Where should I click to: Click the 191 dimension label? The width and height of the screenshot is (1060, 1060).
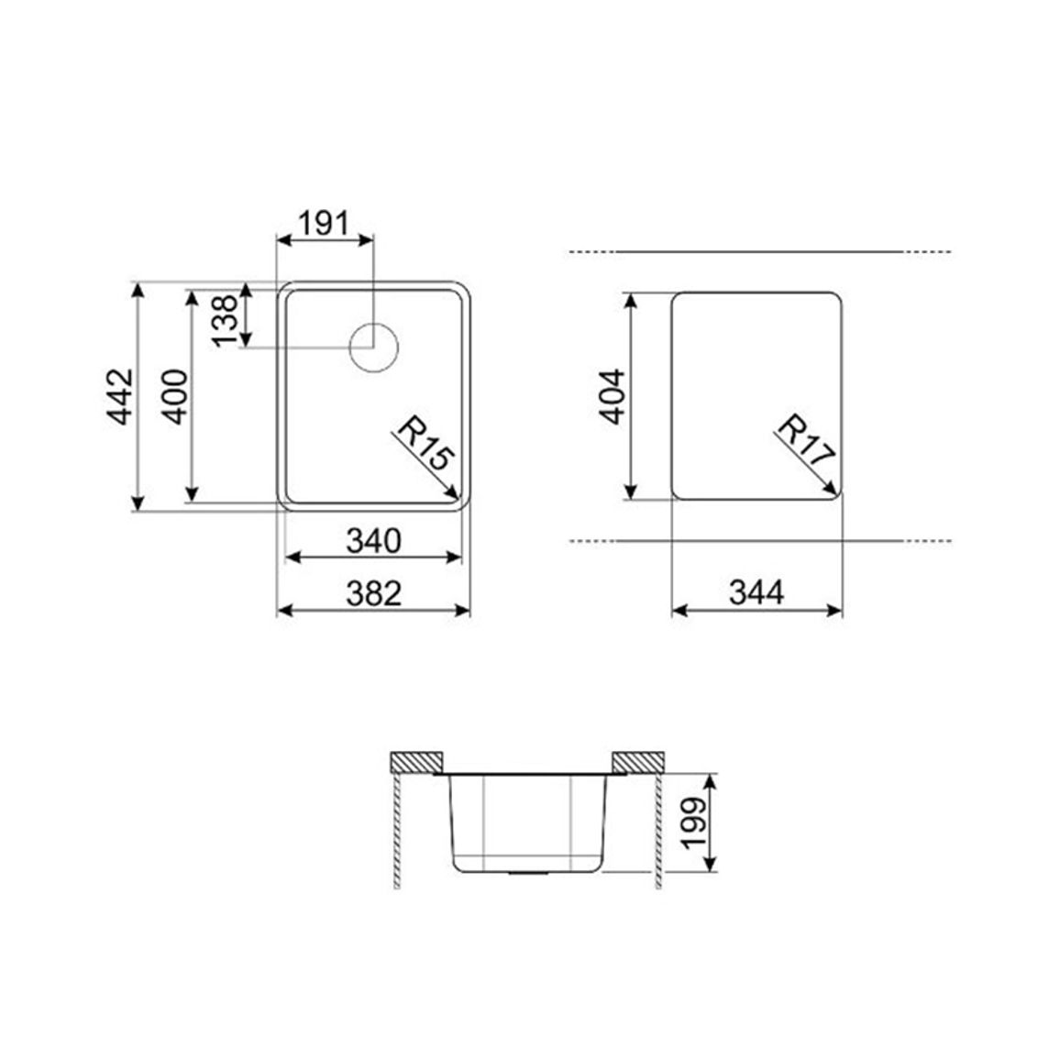pyautogui.click(x=324, y=224)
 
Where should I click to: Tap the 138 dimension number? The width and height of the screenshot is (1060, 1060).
pyautogui.click(x=226, y=320)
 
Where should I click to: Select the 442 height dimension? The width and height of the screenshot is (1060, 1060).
pyautogui.click(x=122, y=396)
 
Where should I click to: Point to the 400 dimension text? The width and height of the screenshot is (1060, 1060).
pyautogui.click(x=176, y=396)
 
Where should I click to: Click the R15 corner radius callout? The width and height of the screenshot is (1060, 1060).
pyautogui.click(x=424, y=444)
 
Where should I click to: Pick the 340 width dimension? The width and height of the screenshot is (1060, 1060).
pyautogui.click(x=374, y=540)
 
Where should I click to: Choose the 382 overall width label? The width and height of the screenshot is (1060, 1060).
pyautogui.click(x=374, y=593)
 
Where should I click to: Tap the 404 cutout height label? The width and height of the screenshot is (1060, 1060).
pyautogui.click(x=613, y=396)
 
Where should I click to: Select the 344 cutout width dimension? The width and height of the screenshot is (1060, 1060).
pyautogui.click(x=757, y=593)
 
